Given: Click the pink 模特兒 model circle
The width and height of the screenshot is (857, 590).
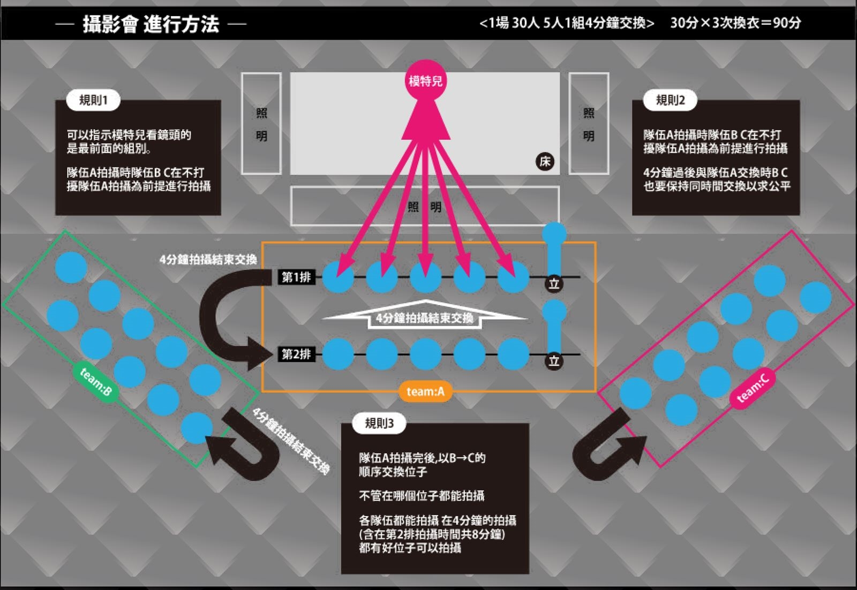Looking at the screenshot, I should click(x=425, y=81).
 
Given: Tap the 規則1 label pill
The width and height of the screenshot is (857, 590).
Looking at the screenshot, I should click(x=93, y=100).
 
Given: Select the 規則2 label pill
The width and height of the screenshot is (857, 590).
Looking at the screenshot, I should click(x=670, y=100).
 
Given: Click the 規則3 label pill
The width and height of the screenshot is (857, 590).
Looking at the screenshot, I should click(x=379, y=423).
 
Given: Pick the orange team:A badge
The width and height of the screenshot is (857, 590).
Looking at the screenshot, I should click(x=425, y=391).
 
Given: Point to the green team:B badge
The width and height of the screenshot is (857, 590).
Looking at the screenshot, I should click(x=96, y=382).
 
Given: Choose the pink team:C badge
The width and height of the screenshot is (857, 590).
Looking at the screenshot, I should click(x=753, y=388).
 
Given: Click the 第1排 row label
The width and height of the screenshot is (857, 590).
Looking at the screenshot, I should click(x=296, y=277).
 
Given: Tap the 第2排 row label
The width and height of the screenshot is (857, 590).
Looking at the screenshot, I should click(x=296, y=354).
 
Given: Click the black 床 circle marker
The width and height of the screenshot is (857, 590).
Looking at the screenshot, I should click(x=545, y=161).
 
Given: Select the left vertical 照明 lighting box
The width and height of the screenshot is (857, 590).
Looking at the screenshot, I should click(x=261, y=124).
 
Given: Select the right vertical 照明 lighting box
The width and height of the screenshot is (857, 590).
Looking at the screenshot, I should click(x=589, y=124).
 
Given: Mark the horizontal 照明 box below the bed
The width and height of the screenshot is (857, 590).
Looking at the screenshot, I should click(x=425, y=206).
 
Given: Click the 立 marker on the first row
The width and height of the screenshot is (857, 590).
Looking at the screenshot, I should click(x=554, y=283).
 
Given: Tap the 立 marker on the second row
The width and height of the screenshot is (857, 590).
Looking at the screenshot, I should click(x=554, y=361).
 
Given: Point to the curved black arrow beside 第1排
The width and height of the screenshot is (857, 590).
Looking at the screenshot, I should click(x=220, y=321).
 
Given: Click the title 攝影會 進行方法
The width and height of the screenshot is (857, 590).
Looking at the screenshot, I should click(x=151, y=24).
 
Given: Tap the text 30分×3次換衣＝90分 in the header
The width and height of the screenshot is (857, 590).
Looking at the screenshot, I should click(x=735, y=23).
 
